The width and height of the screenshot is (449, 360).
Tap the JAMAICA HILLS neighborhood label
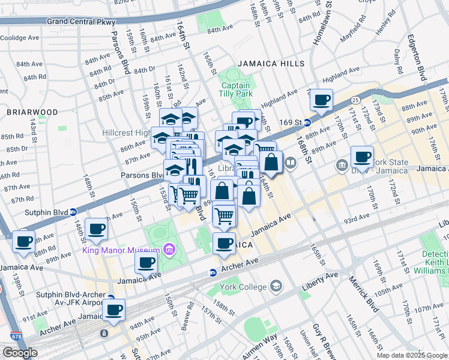coord(271,63)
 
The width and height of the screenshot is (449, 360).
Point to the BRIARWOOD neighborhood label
coord(32,112)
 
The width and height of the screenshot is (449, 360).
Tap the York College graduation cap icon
coord(276,286)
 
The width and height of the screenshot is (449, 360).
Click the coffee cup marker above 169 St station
coord(321,99)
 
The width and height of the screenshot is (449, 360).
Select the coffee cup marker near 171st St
coord(362,157)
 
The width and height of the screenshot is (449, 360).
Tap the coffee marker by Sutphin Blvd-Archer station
coord(113,310)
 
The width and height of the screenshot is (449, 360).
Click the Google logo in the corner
coord(20,353)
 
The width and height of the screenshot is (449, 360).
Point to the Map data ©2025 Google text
coord(412,355)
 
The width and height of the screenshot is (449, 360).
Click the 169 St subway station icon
coord(307,122)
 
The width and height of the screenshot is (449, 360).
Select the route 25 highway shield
coord(355,99)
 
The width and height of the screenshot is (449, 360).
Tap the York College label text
coord(244,286)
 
